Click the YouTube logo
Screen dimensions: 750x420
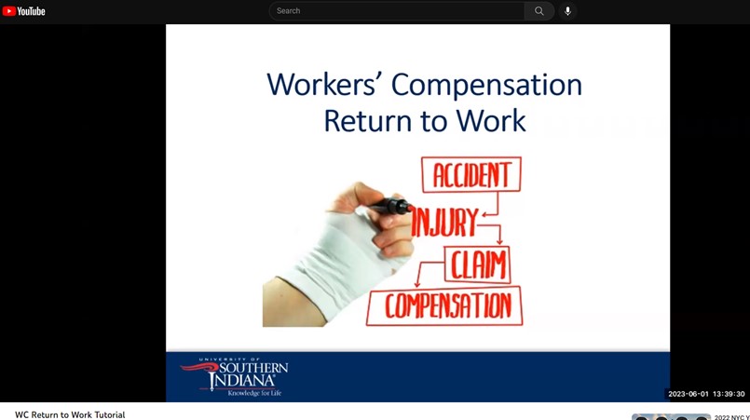click(x=24, y=11)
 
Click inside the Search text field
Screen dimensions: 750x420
click(x=397, y=11)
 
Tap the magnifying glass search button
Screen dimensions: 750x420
click(x=539, y=11)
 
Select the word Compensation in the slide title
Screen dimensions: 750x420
click(x=486, y=86)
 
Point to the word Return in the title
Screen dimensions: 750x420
click(x=367, y=120)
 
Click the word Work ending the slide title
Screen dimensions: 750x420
click(x=491, y=120)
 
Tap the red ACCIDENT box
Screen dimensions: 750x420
click(x=471, y=174)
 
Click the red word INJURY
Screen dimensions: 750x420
click(x=443, y=223)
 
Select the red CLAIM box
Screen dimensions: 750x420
click(x=477, y=264)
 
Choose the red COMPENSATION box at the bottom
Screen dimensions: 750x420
click(x=444, y=306)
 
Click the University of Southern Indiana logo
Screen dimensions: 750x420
click(x=235, y=377)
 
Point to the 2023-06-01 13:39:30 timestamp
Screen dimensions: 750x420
click(x=706, y=394)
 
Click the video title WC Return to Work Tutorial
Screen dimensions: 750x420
click(x=70, y=414)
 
